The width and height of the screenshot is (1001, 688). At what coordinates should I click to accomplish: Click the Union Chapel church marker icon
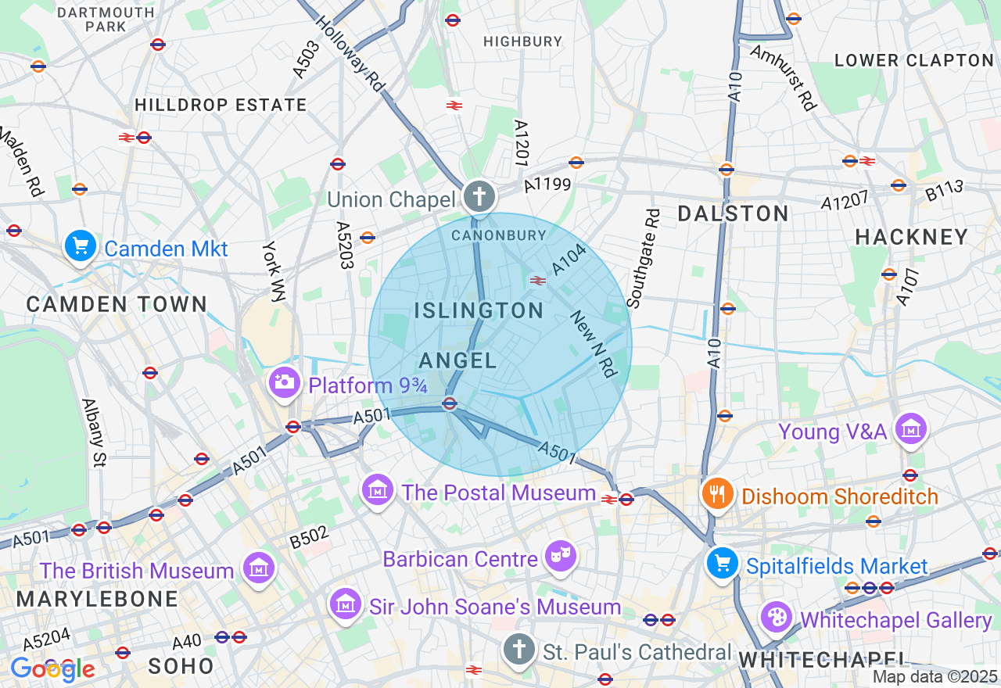(x=478, y=195)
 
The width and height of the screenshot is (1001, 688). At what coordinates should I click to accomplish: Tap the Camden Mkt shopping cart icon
(x=80, y=246)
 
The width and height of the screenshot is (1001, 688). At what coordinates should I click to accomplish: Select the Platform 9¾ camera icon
(x=284, y=382)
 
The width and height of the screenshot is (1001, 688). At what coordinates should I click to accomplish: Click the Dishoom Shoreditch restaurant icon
(x=716, y=493)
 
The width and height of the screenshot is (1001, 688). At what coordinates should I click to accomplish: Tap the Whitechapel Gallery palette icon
(x=776, y=617)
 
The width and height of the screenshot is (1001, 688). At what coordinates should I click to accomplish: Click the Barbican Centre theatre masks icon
(x=561, y=556)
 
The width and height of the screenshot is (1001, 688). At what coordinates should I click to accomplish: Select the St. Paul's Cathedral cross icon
(x=518, y=649)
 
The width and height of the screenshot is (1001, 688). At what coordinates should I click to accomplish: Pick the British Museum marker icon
(x=258, y=568)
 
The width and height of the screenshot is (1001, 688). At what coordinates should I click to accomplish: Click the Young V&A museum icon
(x=911, y=428)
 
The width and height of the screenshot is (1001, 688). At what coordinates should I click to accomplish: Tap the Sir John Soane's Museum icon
(x=345, y=604)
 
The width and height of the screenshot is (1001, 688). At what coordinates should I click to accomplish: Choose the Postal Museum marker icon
(x=378, y=490)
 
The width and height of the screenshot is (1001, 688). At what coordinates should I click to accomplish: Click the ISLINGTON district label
(x=479, y=310)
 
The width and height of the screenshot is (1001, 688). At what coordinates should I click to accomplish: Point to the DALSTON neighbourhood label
(x=733, y=213)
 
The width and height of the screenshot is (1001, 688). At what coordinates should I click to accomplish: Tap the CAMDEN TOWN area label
(x=117, y=304)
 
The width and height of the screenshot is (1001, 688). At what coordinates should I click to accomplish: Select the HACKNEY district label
(x=912, y=237)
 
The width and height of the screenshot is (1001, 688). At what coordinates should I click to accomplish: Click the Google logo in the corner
(x=52, y=669)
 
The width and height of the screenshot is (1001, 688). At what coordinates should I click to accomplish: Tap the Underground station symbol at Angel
(x=449, y=403)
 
